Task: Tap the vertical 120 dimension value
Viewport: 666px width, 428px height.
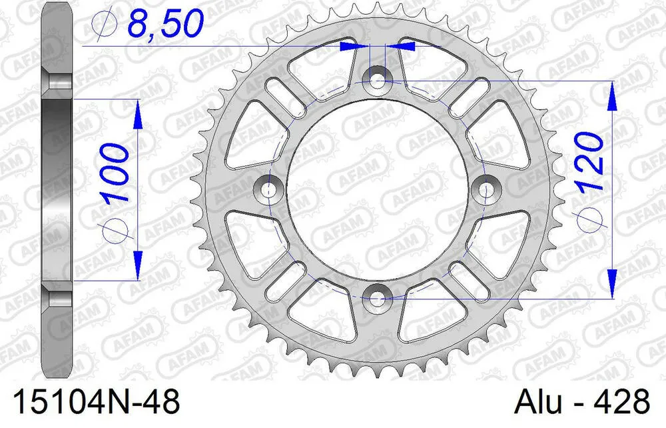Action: (x=590, y=161)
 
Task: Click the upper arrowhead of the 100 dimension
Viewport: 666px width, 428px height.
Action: (x=139, y=113)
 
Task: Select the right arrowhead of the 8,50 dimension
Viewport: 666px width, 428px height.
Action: (x=406, y=47)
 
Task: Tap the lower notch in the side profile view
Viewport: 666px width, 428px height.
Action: (x=60, y=295)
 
